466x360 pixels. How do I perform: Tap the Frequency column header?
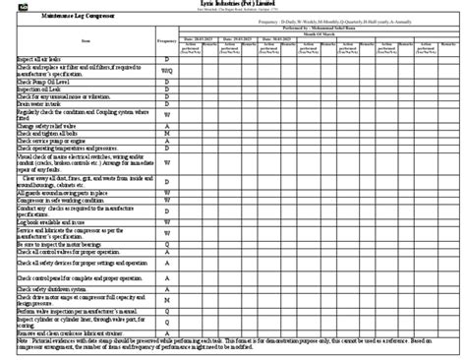[x=167, y=40]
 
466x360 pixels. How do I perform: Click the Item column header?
[x=87, y=40]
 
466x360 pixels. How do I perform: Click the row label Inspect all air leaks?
[x=40, y=59]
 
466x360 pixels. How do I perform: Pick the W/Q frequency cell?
[x=167, y=70]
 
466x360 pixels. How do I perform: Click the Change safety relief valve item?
[x=45, y=127]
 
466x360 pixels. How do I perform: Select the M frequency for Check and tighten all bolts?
[x=167, y=135]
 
